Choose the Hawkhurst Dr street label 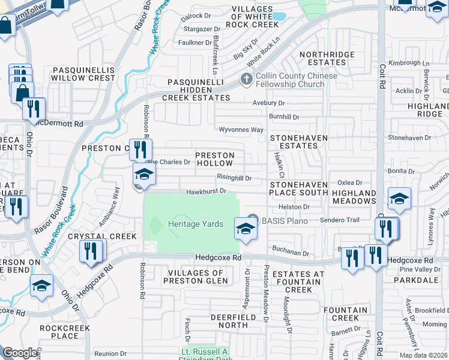205,191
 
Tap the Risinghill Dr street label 234,178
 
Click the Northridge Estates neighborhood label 327,58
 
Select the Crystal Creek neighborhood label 102,236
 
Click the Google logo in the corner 20,353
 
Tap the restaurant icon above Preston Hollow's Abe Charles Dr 140,149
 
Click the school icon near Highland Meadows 399,199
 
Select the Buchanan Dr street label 289,254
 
